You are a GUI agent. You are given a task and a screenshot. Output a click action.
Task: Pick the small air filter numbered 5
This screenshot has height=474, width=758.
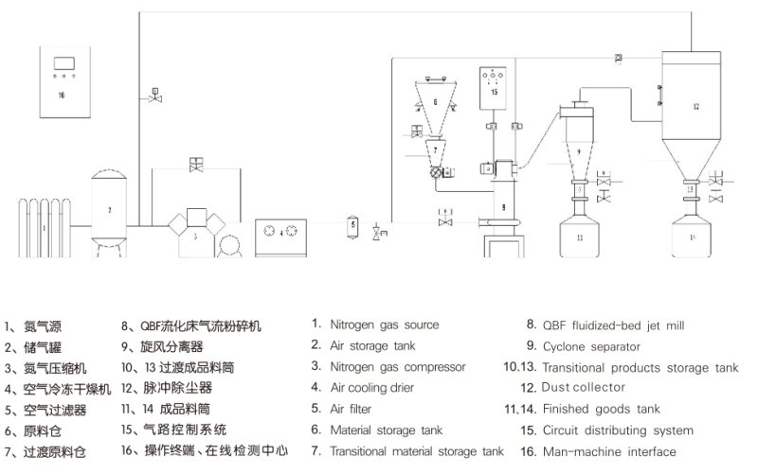click(352, 225)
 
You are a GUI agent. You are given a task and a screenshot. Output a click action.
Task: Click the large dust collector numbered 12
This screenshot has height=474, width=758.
click(696, 109)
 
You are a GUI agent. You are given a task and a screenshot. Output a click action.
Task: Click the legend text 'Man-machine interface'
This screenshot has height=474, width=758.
click(609, 451)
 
